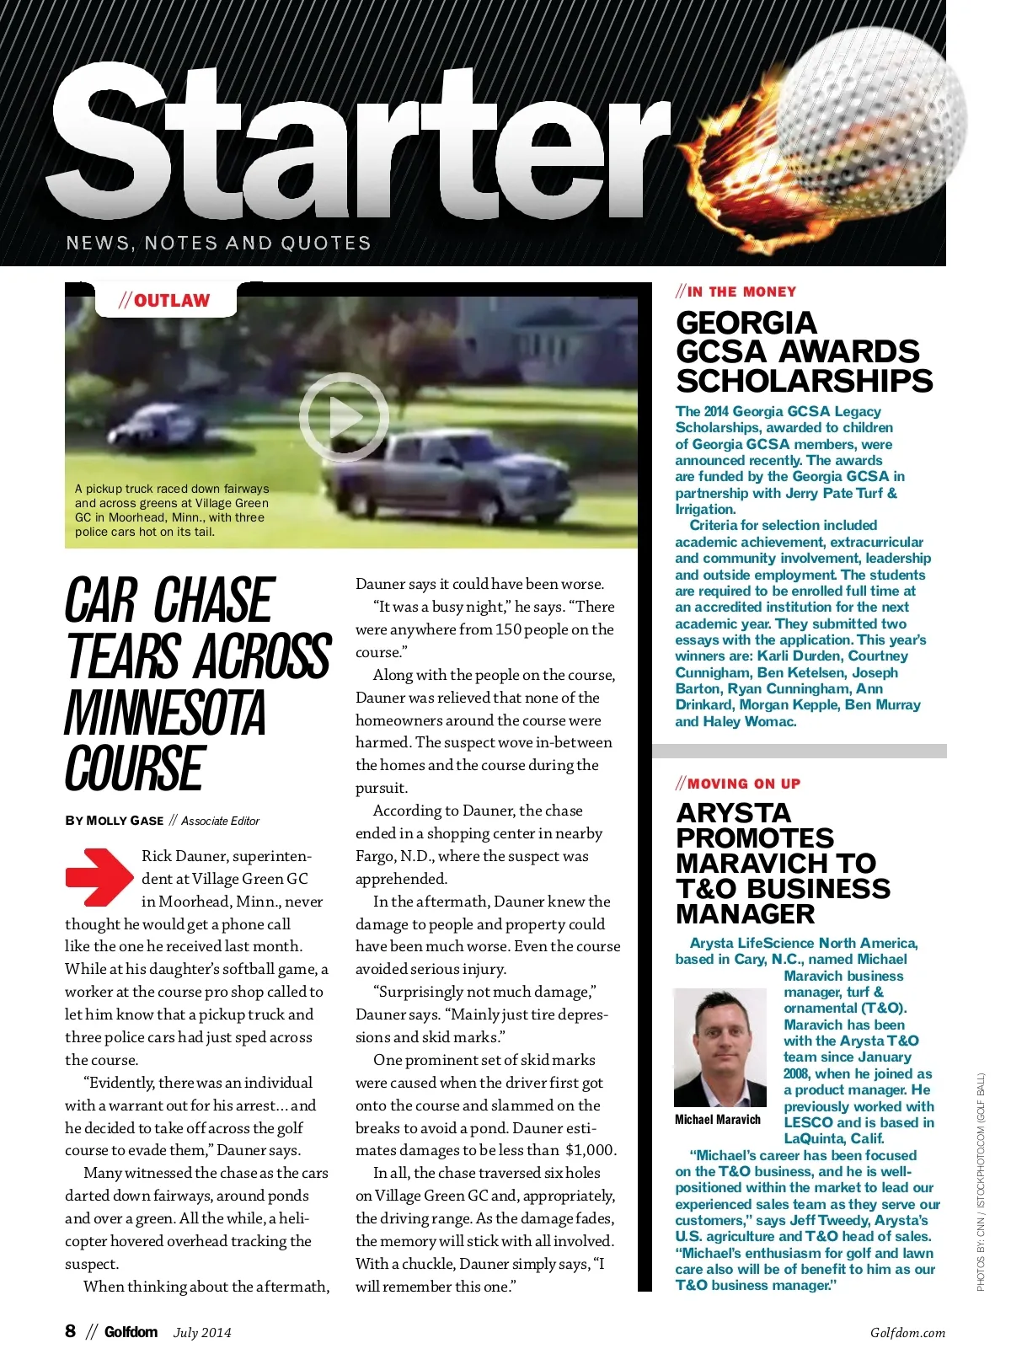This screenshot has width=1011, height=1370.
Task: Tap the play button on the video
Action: [x=344, y=417]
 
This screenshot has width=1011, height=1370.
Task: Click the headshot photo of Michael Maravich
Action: [x=719, y=1047]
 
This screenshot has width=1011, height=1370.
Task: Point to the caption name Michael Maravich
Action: [x=718, y=1120]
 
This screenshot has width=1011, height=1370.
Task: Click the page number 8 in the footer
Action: [x=71, y=1331]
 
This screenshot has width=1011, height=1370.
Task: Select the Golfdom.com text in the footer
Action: [x=907, y=1333]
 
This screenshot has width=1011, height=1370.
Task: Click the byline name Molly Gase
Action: [x=125, y=821]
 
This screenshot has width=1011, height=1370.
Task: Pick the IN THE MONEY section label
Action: [x=736, y=292]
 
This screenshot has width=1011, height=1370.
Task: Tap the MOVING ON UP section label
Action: [x=738, y=784]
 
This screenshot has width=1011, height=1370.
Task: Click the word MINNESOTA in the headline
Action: [x=166, y=713]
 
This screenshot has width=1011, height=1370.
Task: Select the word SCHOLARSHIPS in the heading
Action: [x=805, y=381]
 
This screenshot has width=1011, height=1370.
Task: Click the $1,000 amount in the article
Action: [x=591, y=1150]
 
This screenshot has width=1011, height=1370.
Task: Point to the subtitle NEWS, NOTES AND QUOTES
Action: [x=218, y=243]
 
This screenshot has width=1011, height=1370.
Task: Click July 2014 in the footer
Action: [x=202, y=1333]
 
